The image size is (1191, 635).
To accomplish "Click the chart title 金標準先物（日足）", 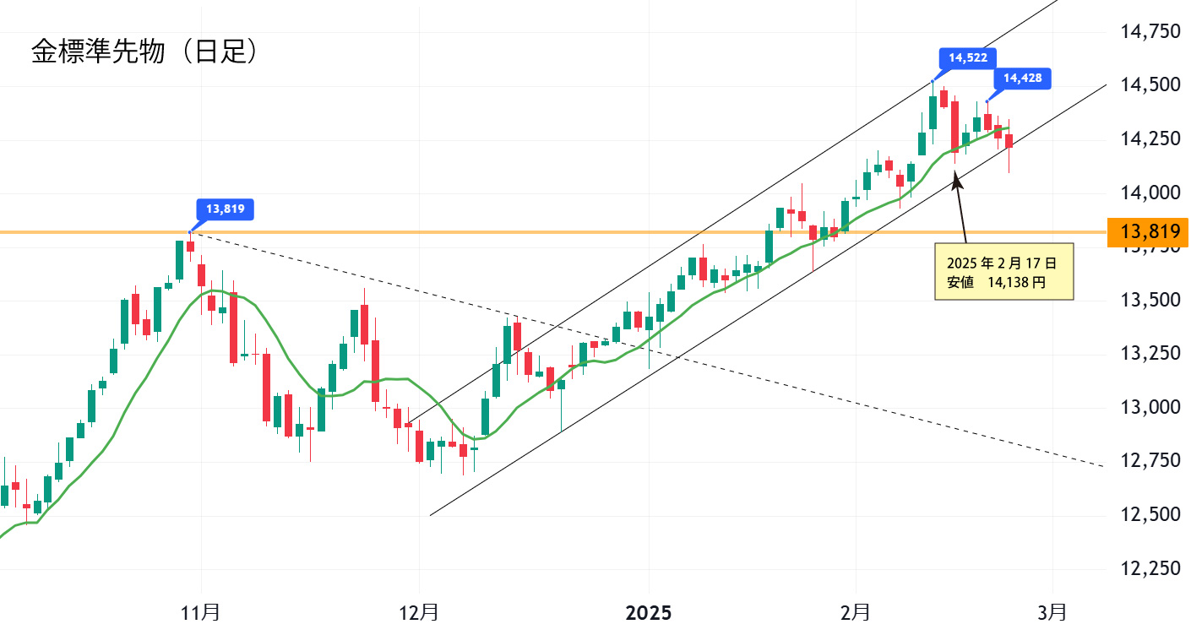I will [x=144, y=52].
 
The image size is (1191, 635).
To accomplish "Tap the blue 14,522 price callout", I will [x=968, y=58].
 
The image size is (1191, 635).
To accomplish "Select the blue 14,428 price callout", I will [x=1023, y=79].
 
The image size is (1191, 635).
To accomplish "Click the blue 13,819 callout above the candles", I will [x=225, y=209].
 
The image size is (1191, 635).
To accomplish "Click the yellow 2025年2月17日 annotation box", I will [x=1003, y=271].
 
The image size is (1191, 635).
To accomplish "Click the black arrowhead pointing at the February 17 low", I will [x=956, y=178].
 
